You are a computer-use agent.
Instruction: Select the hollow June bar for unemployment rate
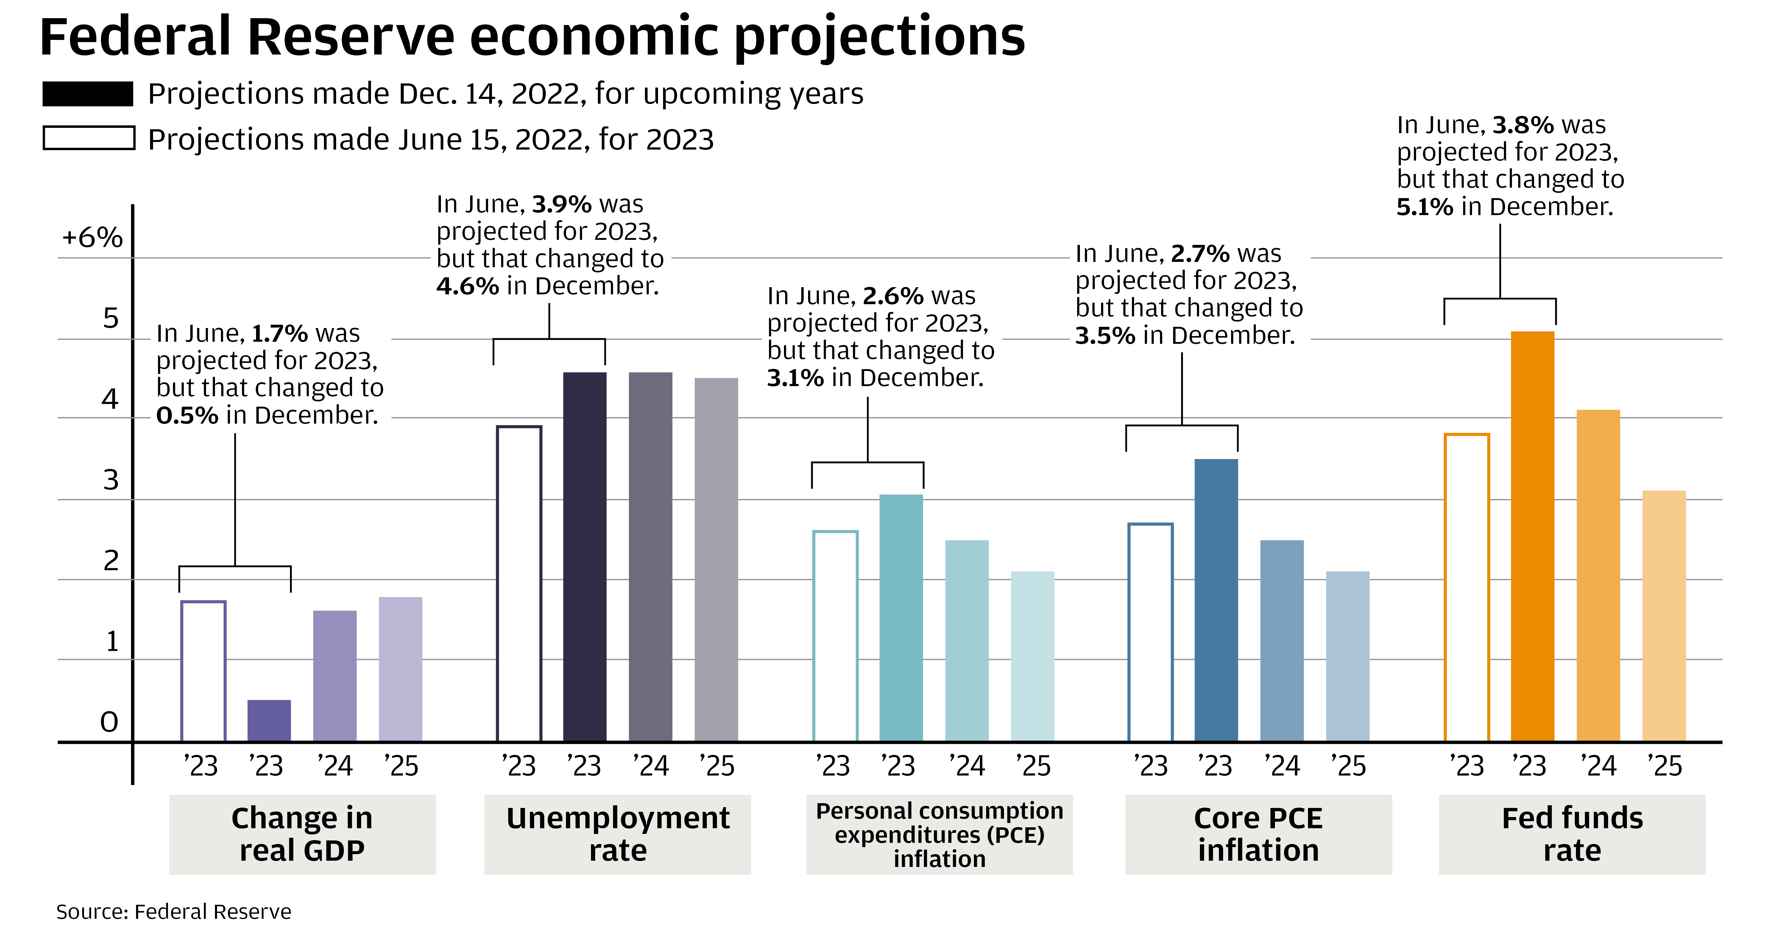click(x=519, y=584)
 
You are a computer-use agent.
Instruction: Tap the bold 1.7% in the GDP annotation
click(x=279, y=334)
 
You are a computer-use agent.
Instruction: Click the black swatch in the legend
click(x=88, y=94)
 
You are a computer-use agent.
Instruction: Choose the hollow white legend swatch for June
click(x=88, y=138)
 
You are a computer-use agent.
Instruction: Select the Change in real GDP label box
click(x=302, y=834)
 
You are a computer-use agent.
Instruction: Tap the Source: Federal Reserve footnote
click(x=174, y=912)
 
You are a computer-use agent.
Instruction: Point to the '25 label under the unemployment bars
click(x=717, y=766)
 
